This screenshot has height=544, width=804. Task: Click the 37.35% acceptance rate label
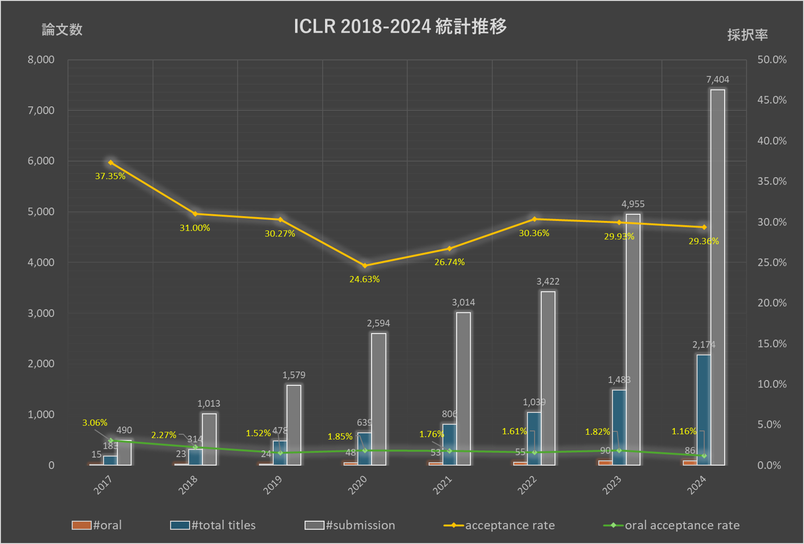(x=110, y=176)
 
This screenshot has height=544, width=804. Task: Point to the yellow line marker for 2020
(x=365, y=265)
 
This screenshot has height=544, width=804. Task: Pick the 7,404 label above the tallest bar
(x=717, y=79)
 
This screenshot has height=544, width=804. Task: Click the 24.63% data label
(x=364, y=279)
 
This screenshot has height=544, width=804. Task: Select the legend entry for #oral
(x=97, y=525)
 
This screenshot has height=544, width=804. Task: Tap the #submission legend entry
(x=350, y=525)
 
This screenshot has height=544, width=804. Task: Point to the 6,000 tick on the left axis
(x=41, y=161)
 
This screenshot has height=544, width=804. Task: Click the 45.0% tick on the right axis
(x=772, y=100)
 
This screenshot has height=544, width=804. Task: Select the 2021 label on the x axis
(x=442, y=485)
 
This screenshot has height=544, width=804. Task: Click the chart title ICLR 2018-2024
(x=400, y=26)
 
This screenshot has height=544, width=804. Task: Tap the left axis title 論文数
(x=62, y=29)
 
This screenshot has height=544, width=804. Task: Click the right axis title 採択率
(x=747, y=35)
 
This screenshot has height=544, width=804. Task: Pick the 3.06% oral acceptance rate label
(x=95, y=423)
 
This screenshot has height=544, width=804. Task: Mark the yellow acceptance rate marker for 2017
(x=111, y=162)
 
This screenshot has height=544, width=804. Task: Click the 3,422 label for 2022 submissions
(x=548, y=281)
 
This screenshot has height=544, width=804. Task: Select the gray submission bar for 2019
(x=294, y=425)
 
